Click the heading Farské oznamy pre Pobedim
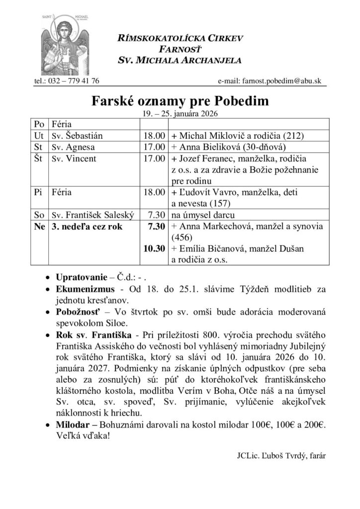[180, 101]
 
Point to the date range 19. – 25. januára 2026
[180, 113]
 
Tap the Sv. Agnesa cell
[73, 147]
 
